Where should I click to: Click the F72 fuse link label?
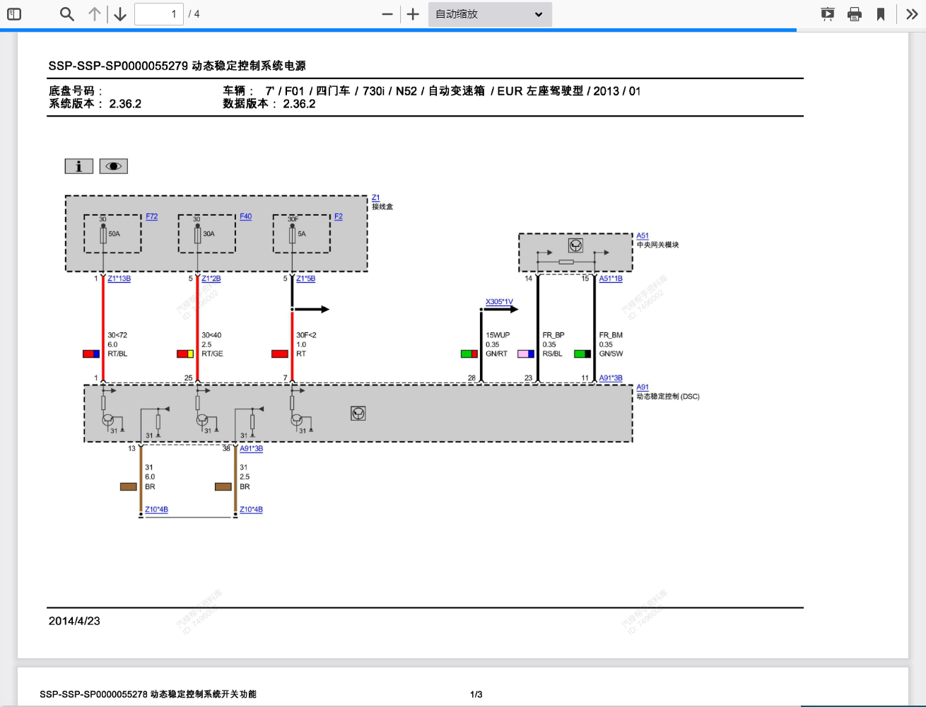click(152, 216)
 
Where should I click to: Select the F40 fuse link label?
click(245, 216)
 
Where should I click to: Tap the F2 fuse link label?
click(339, 216)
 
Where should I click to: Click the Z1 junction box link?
click(375, 198)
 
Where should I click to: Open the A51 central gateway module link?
click(642, 235)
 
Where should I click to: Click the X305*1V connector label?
click(499, 302)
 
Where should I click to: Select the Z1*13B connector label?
click(119, 279)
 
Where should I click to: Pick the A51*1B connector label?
click(611, 279)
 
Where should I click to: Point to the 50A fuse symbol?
click(103, 235)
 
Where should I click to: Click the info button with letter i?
click(78, 166)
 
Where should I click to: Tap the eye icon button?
click(113, 166)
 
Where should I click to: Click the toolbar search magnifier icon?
click(67, 14)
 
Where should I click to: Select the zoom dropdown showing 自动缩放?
click(489, 14)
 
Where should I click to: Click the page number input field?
click(159, 14)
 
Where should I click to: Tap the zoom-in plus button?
click(414, 14)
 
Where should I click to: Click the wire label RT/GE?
click(212, 353)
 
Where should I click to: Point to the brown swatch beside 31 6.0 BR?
click(128, 486)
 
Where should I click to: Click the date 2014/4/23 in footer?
click(74, 621)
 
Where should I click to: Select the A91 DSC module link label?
click(642, 387)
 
